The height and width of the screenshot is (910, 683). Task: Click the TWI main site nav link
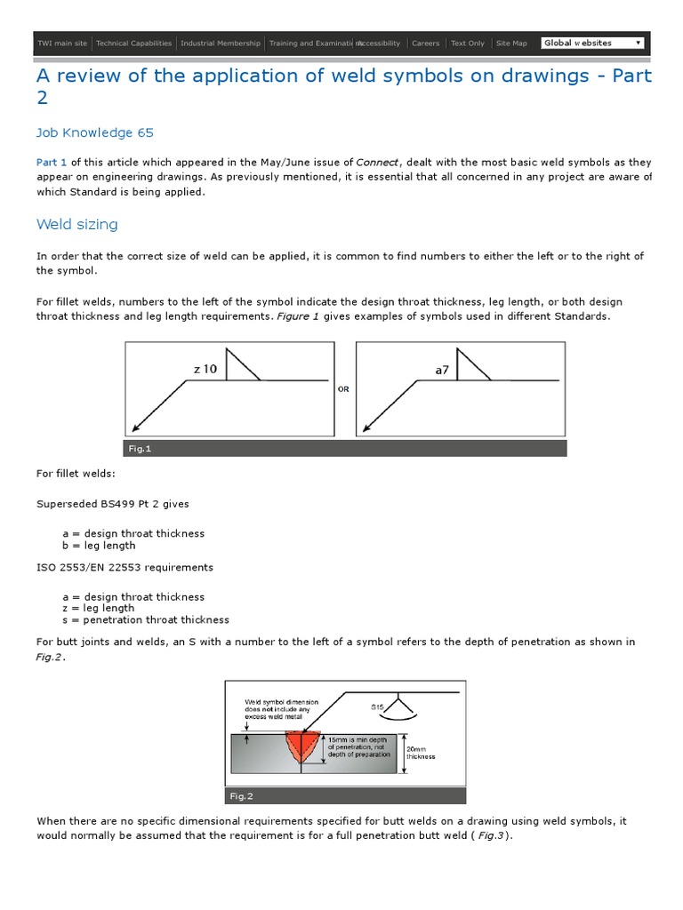pyautogui.click(x=61, y=43)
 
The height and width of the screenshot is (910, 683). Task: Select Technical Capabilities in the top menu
pyautogui.click(x=134, y=43)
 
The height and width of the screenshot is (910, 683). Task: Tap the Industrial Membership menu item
pyautogui.click(x=221, y=43)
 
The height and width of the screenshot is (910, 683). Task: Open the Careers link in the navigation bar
pyautogui.click(x=425, y=43)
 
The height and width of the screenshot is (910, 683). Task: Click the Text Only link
pyautogui.click(x=468, y=43)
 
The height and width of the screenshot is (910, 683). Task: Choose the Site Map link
pyautogui.click(x=511, y=43)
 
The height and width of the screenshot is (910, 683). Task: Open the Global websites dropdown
pyautogui.click(x=592, y=43)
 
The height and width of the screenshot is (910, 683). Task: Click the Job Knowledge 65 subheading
pyautogui.click(x=95, y=133)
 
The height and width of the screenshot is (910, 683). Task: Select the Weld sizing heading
pyautogui.click(x=77, y=224)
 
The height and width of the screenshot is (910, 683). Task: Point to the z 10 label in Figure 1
pyautogui.click(x=205, y=369)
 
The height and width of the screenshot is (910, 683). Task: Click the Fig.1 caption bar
pyautogui.click(x=345, y=449)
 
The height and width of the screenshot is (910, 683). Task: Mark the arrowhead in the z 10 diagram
pyautogui.click(x=133, y=428)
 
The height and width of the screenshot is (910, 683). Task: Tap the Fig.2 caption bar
pyautogui.click(x=345, y=796)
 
